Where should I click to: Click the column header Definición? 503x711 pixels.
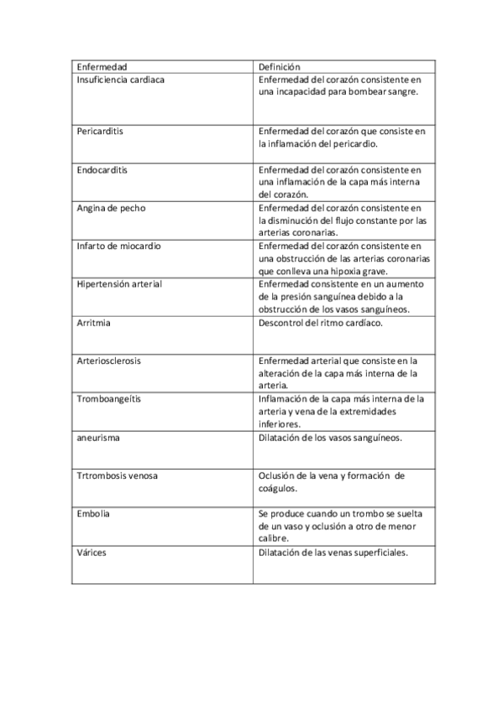[280, 66]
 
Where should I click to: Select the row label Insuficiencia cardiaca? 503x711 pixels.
[120, 79]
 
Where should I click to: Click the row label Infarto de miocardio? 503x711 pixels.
[118, 246]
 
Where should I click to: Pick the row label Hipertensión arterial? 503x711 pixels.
[118, 284]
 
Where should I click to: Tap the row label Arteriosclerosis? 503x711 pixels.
[108, 361]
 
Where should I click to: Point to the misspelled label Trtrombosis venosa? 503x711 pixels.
[117, 475]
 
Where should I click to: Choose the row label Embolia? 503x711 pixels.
[93, 513]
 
